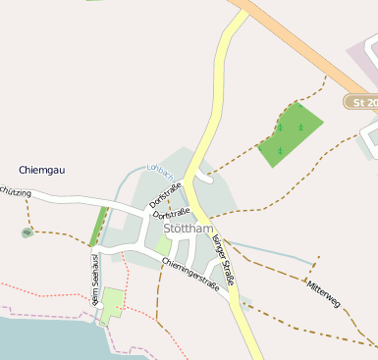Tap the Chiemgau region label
(x=42, y=171)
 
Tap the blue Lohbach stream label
(x=159, y=170)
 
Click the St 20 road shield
(x=362, y=102)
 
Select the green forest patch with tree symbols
(x=290, y=133)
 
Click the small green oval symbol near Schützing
(x=27, y=232)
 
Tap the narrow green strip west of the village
(x=98, y=227)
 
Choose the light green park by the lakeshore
(x=113, y=303)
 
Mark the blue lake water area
(x=49, y=339)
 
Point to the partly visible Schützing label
(x=15, y=194)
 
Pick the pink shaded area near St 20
(x=360, y=63)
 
